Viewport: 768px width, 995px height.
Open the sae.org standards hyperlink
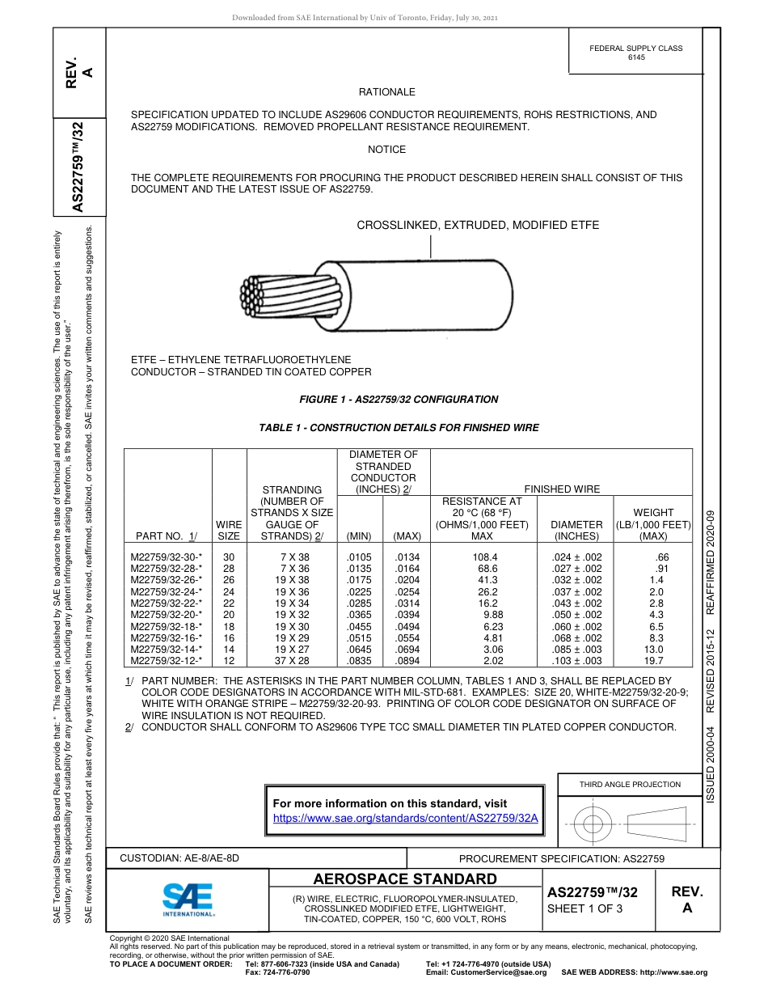406,818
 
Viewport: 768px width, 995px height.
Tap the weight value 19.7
652,660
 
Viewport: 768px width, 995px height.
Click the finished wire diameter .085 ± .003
576,649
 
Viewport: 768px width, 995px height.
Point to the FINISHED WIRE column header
562,489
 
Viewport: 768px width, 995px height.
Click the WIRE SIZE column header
229,530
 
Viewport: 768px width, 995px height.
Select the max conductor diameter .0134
406,557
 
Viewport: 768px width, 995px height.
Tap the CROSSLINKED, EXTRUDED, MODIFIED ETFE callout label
478,225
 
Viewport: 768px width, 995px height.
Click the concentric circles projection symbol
593,824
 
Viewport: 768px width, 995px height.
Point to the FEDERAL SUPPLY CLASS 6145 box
635,53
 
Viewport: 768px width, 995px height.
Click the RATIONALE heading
386,92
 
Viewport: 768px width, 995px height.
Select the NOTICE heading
386,150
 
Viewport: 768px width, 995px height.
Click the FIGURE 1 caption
399,399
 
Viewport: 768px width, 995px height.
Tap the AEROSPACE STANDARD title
405,879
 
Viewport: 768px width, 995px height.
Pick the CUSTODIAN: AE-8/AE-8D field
179,857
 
